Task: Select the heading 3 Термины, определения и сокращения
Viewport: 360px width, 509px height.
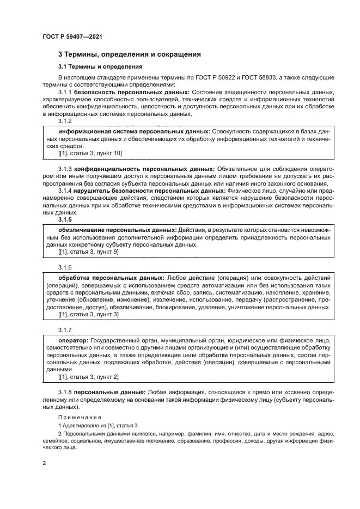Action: tap(130, 54)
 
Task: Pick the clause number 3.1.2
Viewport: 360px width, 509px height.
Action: tap(65, 122)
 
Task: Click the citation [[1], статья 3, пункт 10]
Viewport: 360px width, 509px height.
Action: tap(90, 155)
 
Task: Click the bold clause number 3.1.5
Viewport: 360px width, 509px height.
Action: tap(65, 220)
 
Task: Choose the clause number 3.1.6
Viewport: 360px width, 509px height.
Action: tap(65, 267)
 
